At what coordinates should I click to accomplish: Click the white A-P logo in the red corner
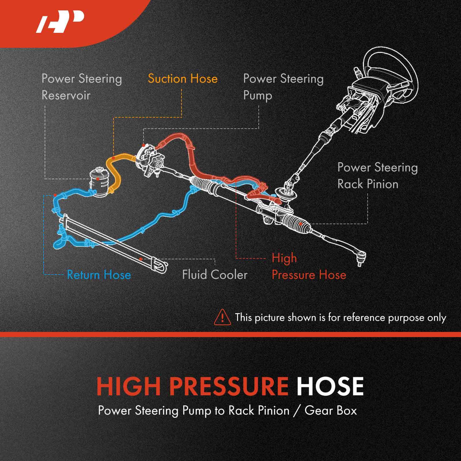tap(60, 22)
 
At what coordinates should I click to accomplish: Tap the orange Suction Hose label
tap(183, 79)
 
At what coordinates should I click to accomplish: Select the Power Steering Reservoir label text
tap(82, 87)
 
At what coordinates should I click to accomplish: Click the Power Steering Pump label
tap(283, 87)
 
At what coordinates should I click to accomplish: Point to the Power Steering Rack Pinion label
tap(377, 175)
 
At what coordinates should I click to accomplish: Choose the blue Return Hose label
tap(99, 275)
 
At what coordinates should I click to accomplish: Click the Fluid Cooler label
tap(215, 275)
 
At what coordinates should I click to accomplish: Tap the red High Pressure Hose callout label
tap(309, 267)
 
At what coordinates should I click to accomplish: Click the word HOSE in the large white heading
tap(330, 386)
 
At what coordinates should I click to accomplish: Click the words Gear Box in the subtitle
tap(330, 410)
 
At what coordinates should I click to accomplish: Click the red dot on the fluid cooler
tap(141, 259)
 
